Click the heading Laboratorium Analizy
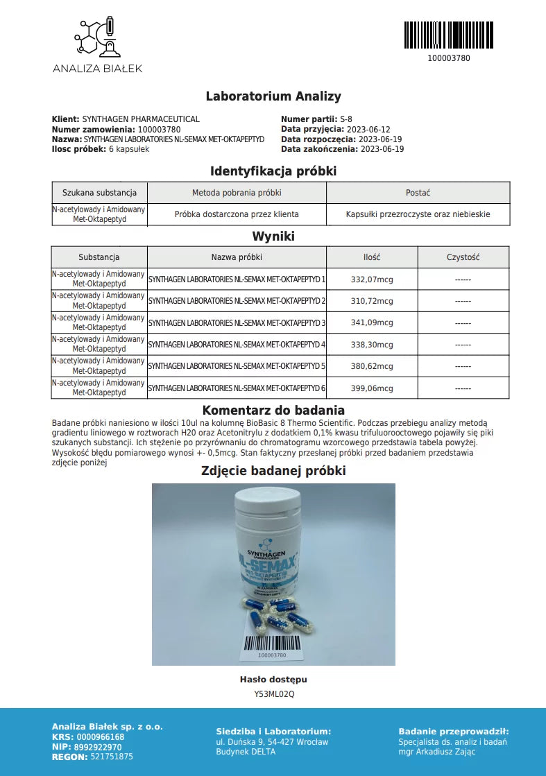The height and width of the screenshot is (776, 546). [273, 96]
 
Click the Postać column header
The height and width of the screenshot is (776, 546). [418, 193]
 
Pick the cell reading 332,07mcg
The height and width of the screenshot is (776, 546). [372, 279]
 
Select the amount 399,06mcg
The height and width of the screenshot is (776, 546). [372, 388]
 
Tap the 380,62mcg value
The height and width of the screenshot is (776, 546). [372, 366]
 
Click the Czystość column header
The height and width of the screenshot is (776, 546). [463, 257]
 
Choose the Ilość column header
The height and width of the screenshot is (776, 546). [372, 257]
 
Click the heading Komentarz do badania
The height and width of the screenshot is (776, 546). [273, 411]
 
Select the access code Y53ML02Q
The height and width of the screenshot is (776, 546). [273, 693]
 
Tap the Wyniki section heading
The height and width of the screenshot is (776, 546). [273, 236]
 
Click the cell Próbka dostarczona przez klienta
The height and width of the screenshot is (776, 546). [237, 214]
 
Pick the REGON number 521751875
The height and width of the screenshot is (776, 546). [112, 757]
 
